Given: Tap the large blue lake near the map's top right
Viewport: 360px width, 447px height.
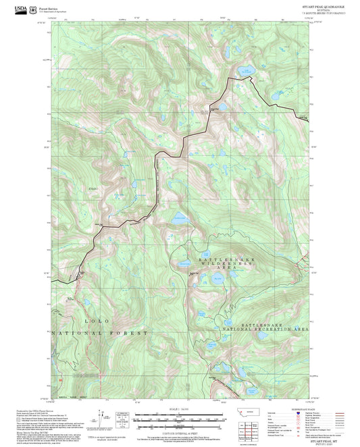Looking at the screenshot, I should pos(248,70).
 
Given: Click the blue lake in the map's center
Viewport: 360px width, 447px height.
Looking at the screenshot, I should pos(179,218).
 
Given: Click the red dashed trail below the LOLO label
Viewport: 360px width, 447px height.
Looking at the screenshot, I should pos(90,351).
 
